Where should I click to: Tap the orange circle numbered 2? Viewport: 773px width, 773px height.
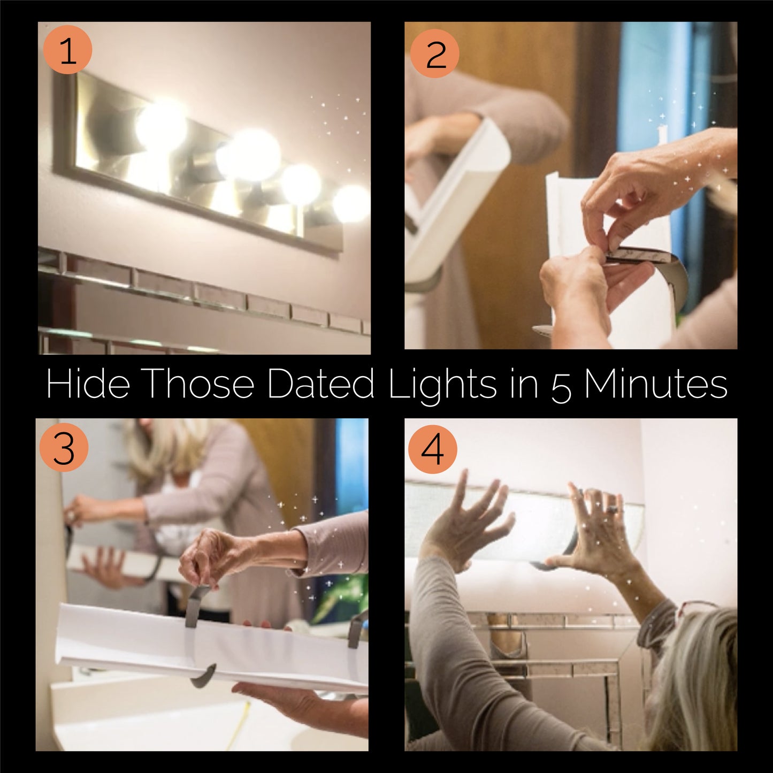435,53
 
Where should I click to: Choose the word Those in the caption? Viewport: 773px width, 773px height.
197,384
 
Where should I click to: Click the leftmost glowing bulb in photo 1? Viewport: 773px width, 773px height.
161,125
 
